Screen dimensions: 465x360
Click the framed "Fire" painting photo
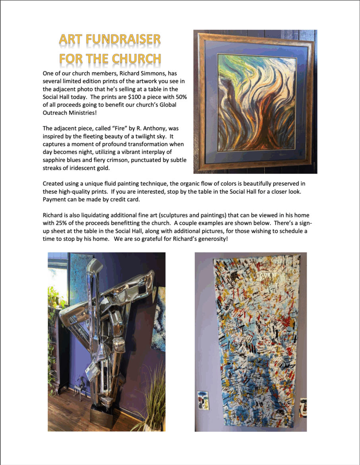255,102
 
